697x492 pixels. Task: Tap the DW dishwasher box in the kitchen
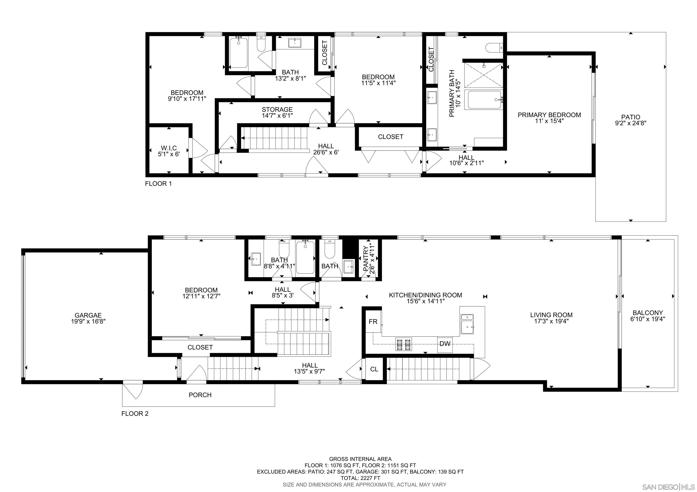[445, 344]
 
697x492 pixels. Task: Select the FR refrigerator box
[373, 322]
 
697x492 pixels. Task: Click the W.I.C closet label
[169, 148]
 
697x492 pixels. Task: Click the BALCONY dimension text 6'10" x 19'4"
[648, 319]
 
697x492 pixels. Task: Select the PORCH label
[200, 395]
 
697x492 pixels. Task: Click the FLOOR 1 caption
[158, 183]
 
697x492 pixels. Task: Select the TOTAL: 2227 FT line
[360, 478]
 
